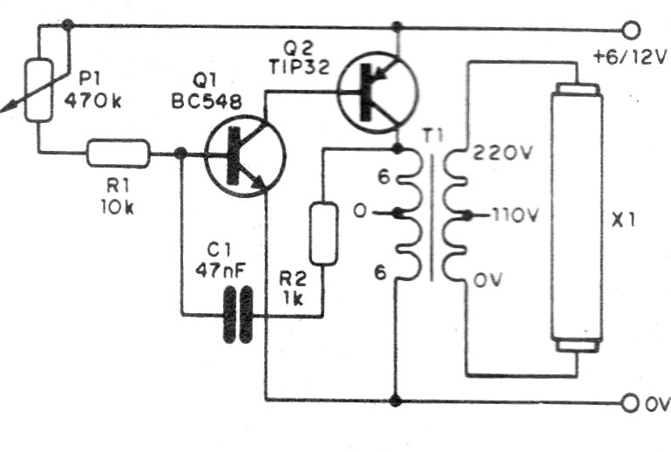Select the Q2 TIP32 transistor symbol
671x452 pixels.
[376, 92]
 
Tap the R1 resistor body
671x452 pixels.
[118, 155]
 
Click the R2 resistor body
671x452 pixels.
[324, 233]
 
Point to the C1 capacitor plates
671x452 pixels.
[238, 314]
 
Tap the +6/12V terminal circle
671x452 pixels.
[634, 29]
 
